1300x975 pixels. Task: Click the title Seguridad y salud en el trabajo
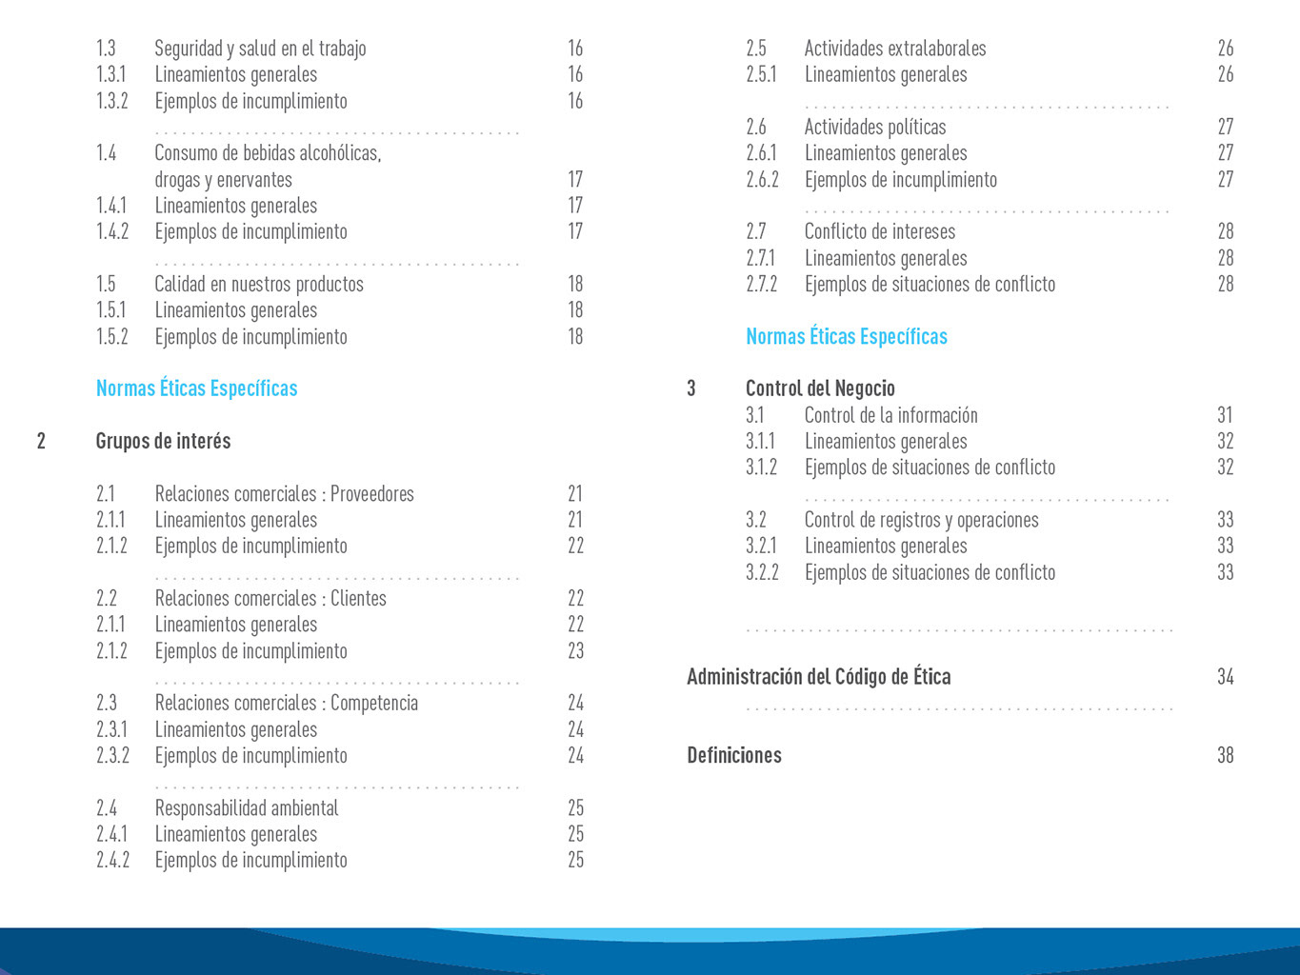260,49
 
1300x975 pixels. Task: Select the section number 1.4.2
112,231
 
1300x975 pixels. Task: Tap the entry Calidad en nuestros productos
259,284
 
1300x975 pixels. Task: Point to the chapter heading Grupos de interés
163,441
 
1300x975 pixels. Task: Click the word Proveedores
372,493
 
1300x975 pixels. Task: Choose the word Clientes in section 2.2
358,598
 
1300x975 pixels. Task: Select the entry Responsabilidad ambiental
247,807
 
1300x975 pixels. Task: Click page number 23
575,650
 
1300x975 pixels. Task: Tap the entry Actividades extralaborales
895,49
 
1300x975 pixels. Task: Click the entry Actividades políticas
875,127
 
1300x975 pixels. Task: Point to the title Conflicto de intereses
880,231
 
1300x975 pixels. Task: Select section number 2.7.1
761,258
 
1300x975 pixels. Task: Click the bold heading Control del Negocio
820,388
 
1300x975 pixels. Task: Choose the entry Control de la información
891,415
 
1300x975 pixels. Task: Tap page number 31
1225,415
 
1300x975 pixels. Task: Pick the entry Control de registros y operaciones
922,520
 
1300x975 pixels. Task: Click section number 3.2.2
762,572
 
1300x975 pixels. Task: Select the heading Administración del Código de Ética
819,677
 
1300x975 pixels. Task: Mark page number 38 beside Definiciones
1225,755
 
